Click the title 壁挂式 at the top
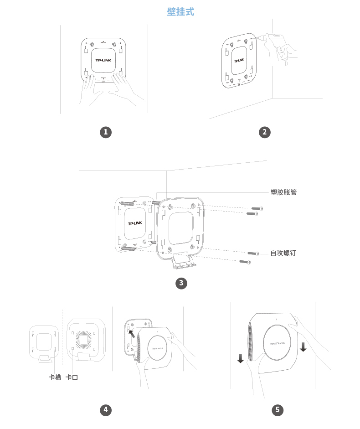(x=180, y=12)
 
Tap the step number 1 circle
(x=106, y=132)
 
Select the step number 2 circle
(x=264, y=132)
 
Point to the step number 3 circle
(x=181, y=283)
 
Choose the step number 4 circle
(x=106, y=410)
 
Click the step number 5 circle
(x=277, y=410)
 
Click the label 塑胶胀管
(x=283, y=192)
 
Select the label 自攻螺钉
(x=283, y=253)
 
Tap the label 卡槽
(x=55, y=377)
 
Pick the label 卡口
(x=72, y=377)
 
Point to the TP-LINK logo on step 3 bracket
(x=136, y=223)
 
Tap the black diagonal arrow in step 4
(x=132, y=334)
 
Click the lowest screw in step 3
(x=245, y=261)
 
